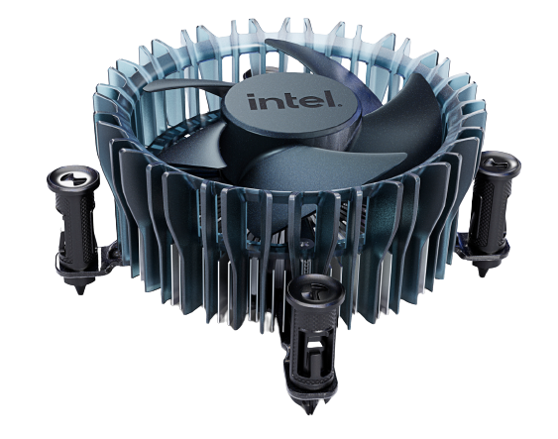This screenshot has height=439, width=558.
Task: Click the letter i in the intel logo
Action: (x=254, y=102)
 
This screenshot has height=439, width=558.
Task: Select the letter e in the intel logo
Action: (x=310, y=101)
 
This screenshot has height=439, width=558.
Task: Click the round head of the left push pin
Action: (x=73, y=177)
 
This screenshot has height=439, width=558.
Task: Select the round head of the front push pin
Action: (x=315, y=290)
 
